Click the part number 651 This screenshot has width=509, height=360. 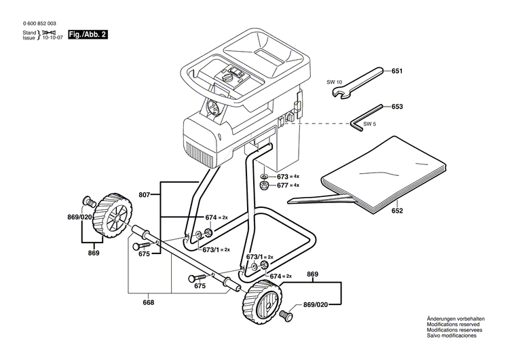tap(397, 71)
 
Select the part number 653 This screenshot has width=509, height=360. tap(397, 107)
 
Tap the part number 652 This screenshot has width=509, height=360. tap(397, 211)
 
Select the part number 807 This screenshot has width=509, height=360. tap(144, 194)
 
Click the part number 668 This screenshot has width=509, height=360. tap(149, 303)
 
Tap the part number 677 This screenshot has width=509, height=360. tap(283, 185)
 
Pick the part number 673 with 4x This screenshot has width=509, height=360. tap(283, 176)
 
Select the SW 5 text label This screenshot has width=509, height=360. tap(369, 124)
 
